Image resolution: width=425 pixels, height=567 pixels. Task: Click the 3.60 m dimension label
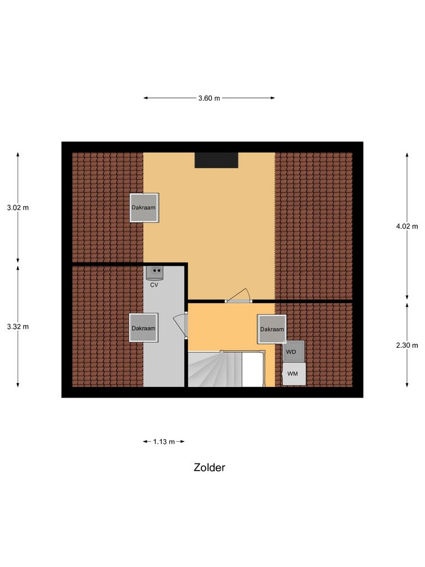pyautogui.click(x=209, y=98)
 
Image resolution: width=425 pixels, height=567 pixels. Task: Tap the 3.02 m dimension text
pyautogui.click(x=18, y=208)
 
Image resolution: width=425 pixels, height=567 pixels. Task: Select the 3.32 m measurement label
pyautogui.click(x=18, y=326)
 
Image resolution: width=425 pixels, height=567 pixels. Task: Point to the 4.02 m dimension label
pyautogui.click(x=407, y=226)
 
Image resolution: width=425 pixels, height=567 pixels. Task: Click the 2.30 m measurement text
pyautogui.click(x=407, y=344)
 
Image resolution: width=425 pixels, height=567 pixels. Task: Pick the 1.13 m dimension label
pyautogui.click(x=164, y=441)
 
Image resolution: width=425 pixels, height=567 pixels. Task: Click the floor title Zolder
pyautogui.click(x=209, y=467)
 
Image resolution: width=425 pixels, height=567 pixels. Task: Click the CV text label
pyautogui.click(x=155, y=285)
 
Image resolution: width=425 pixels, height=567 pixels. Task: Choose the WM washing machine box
pyautogui.click(x=293, y=374)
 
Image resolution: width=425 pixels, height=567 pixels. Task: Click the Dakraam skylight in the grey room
pyautogui.click(x=143, y=328)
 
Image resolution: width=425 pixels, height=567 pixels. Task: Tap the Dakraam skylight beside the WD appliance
pyautogui.click(x=272, y=329)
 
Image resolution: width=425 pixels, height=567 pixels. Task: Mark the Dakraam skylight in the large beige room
pyautogui.click(x=144, y=208)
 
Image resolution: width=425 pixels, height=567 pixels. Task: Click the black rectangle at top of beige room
pyautogui.click(x=216, y=160)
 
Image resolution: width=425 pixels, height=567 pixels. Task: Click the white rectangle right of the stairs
pyautogui.click(x=252, y=369)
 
